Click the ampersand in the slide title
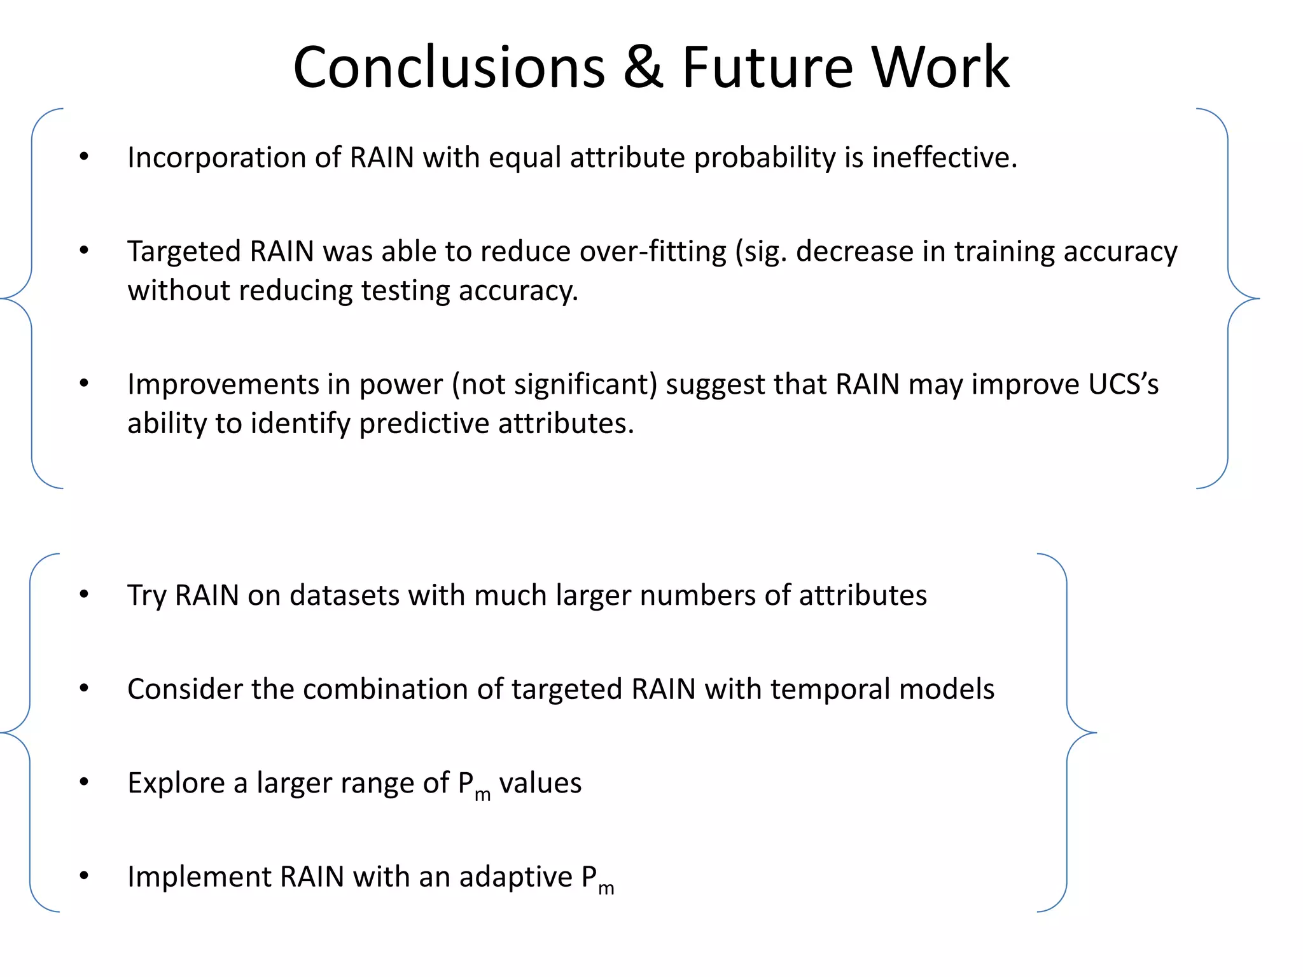click(643, 67)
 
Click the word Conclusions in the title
click(449, 67)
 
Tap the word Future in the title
click(767, 67)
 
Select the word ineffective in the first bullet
click(944, 157)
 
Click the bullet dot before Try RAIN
click(84, 595)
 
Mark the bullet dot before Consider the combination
click(84, 688)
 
